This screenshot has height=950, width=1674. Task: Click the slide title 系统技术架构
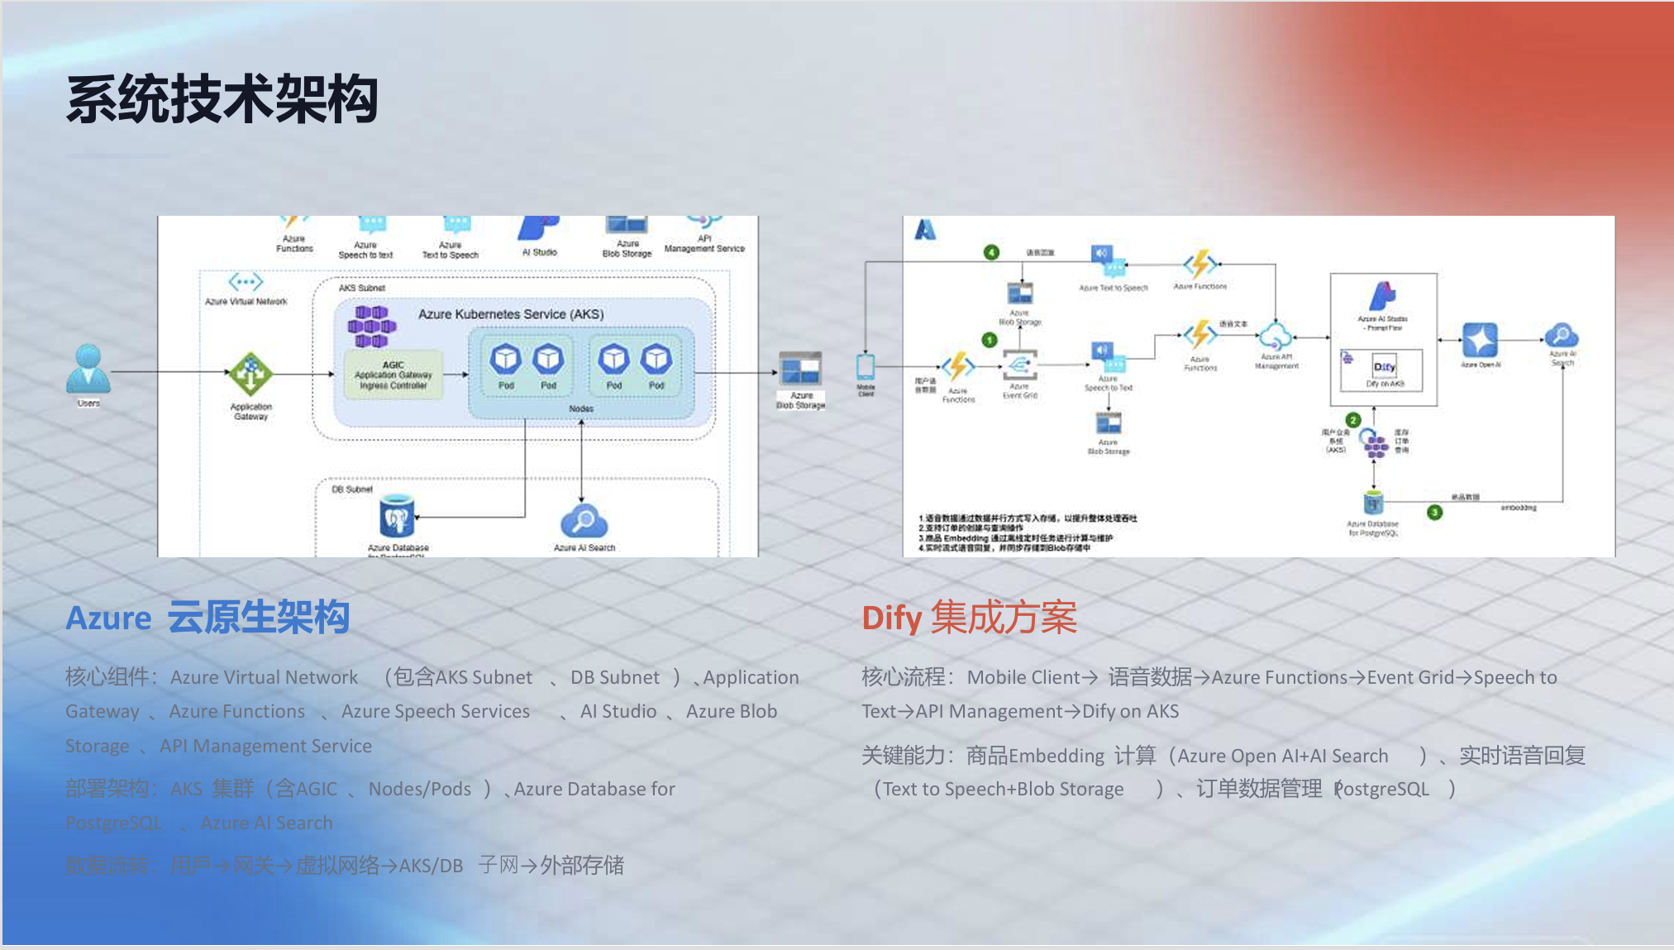point(222,100)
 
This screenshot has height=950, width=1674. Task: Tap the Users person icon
point(88,369)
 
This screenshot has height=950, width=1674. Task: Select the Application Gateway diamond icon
point(250,374)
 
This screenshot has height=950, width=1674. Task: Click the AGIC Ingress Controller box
point(393,375)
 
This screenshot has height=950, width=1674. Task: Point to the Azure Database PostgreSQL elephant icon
point(397,517)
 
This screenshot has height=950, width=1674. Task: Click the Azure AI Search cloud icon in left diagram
point(584,521)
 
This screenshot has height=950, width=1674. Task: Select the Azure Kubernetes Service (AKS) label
point(511,314)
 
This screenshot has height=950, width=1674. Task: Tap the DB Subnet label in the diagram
point(352,489)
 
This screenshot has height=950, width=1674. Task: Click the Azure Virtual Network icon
point(246,282)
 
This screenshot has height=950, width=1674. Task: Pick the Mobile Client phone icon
point(866,366)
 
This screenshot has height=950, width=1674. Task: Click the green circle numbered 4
point(991,252)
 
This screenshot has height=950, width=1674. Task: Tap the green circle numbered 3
point(1434,513)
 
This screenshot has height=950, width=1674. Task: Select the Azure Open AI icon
point(1480,340)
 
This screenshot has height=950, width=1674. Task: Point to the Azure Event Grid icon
point(1019,365)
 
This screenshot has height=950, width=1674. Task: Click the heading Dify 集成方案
point(969,618)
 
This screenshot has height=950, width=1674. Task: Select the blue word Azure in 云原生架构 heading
point(108,618)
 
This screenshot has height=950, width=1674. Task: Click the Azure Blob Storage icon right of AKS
point(800,369)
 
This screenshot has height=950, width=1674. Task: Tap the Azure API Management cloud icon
point(1276,337)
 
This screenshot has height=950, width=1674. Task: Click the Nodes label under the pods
point(581,408)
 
